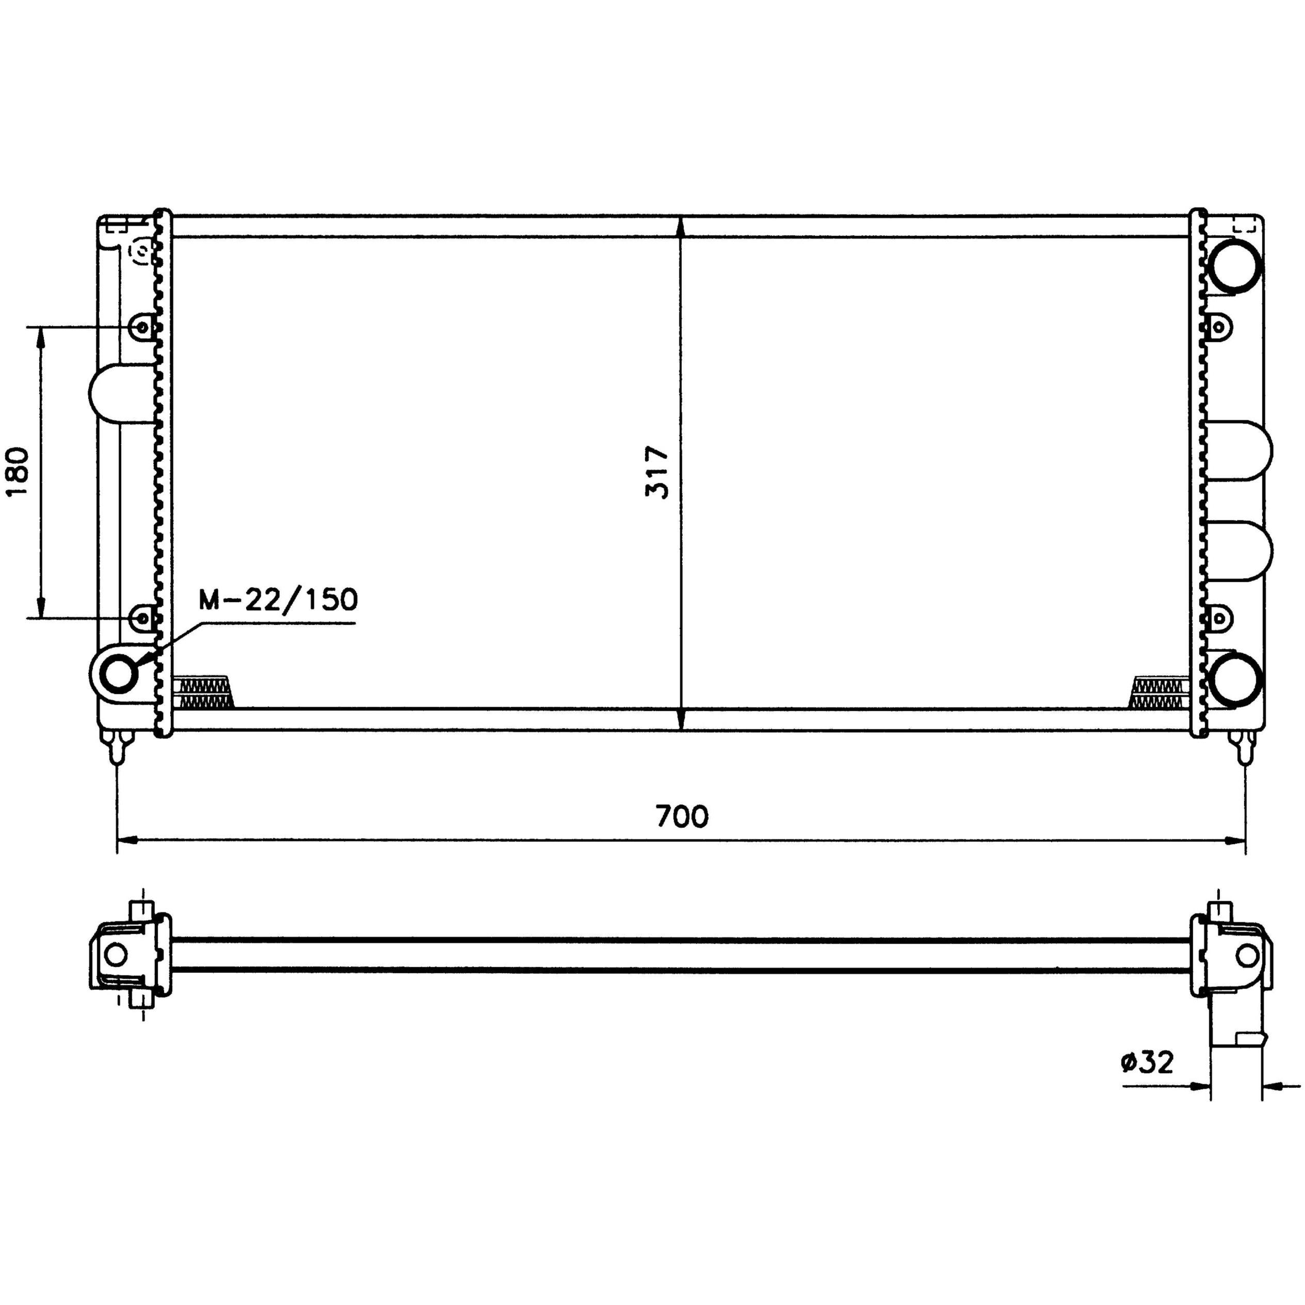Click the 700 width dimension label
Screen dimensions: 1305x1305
pyautogui.click(x=682, y=817)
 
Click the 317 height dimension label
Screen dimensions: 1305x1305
pyautogui.click(x=656, y=472)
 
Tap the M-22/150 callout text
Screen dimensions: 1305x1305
pyautogui.click(x=278, y=599)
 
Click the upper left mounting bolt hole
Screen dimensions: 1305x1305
pyautogui.click(x=142, y=328)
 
